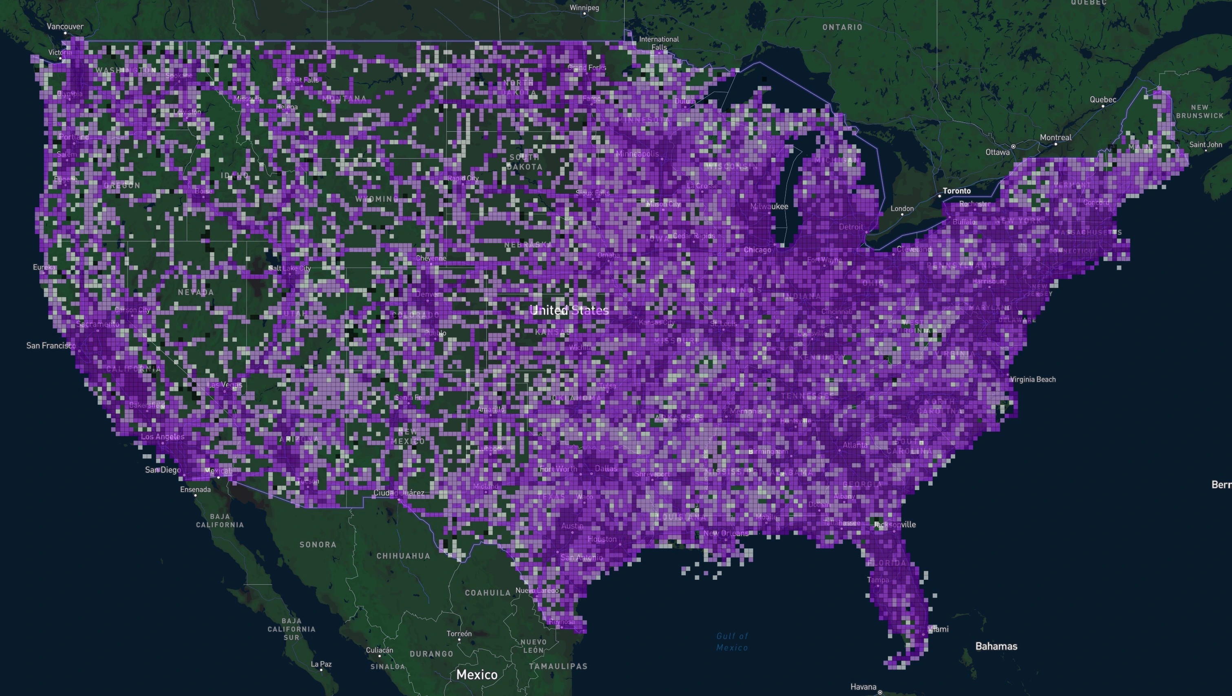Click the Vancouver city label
(65, 27)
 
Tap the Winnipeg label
(584, 8)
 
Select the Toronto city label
(956, 191)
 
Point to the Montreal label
(1055, 138)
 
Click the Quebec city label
(1103, 99)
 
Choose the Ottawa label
(998, 152)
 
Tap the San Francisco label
(51, 345)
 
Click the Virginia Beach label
(1033, 379)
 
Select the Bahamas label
(996, 646)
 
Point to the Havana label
(863, 687)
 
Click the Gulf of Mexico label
(732, 641)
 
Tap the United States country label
(569, 310)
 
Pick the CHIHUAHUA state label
(403, 556)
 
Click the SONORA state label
(318, 544)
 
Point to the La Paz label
(321, 664)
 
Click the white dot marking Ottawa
(1013, 146)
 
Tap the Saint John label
(1205, 144)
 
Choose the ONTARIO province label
(842, 27)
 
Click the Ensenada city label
(195, 489)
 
